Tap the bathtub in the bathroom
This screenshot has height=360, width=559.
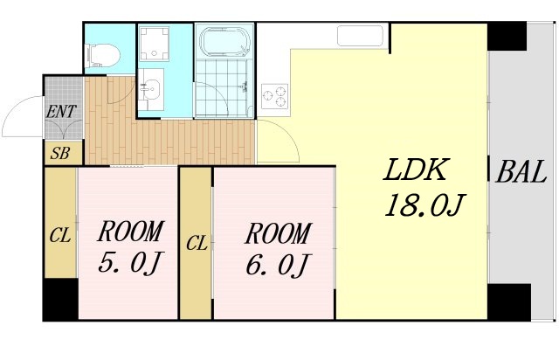click(x=225, y=43)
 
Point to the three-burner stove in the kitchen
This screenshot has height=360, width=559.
click(x=274, y=94)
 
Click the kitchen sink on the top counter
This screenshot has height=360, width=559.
click(x=360, y=37)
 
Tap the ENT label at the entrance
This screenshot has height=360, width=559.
click(x=60, y=111)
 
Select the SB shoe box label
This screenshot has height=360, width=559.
click(x=60, y=153)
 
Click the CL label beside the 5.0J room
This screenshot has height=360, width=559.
click(x=59, y=235)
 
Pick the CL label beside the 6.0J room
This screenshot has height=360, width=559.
click(x=196, y=243)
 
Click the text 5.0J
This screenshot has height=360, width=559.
click(x=130, y=263)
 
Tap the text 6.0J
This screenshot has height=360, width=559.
click(x=278, y=264)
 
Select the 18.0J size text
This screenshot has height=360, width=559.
click(x=423, y=207)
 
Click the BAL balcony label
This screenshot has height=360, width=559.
click(x=521, y=172)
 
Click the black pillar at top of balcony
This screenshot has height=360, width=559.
click(x=507, y=37)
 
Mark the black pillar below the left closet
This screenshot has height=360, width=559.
click(x=60, y=301)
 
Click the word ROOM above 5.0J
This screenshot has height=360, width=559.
click(x=129, y=232)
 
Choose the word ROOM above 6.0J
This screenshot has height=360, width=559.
click(x=277, y=233)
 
